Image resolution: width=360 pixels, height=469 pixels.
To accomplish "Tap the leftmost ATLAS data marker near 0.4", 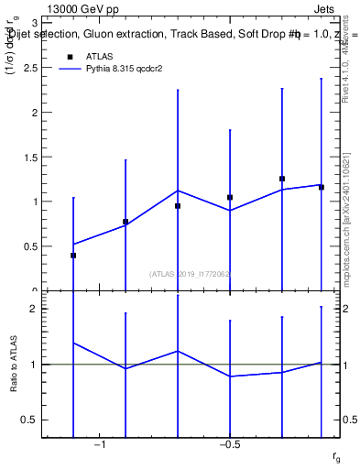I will click(x=73, y=256).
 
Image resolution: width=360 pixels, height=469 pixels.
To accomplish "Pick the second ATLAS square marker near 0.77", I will click(x=125, y=222).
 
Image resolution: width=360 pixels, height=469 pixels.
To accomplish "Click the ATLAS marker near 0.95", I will click(x=178, y=206).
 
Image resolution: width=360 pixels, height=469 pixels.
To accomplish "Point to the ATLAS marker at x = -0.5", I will click(x=230, y=197).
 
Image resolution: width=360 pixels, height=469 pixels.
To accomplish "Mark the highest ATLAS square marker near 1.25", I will click(x=282, y=179).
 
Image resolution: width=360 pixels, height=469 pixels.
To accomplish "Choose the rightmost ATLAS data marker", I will click(x=322, y=187).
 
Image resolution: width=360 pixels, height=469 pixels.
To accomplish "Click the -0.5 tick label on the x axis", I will click(x=229, y=445).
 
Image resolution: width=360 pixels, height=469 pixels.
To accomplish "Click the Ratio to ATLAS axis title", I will click(x=14, y=365).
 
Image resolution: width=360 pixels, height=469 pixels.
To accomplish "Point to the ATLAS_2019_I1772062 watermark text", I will click(x=191, y=273).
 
